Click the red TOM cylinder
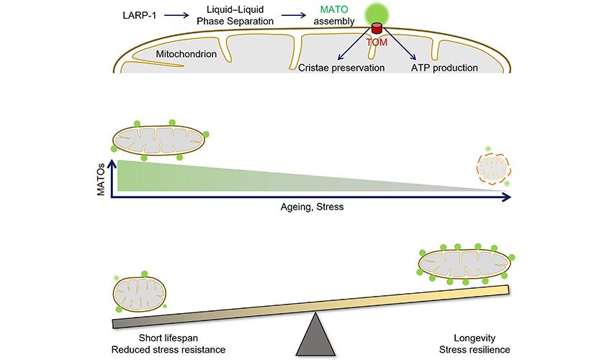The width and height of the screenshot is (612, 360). click(x=377, y=30)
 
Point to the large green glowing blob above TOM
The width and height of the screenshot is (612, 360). click(x=376, y=12)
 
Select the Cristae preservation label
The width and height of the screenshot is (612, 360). click(x=341, y=68)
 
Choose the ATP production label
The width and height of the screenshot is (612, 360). click(x=444, y=68)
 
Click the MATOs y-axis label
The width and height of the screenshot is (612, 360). click(x=102, y=177)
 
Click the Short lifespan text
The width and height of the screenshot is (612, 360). click(x=168, y=337)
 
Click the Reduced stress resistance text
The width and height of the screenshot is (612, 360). click(x=168, y=349)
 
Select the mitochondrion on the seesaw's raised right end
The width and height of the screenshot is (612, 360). click(x=465, y=264)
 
